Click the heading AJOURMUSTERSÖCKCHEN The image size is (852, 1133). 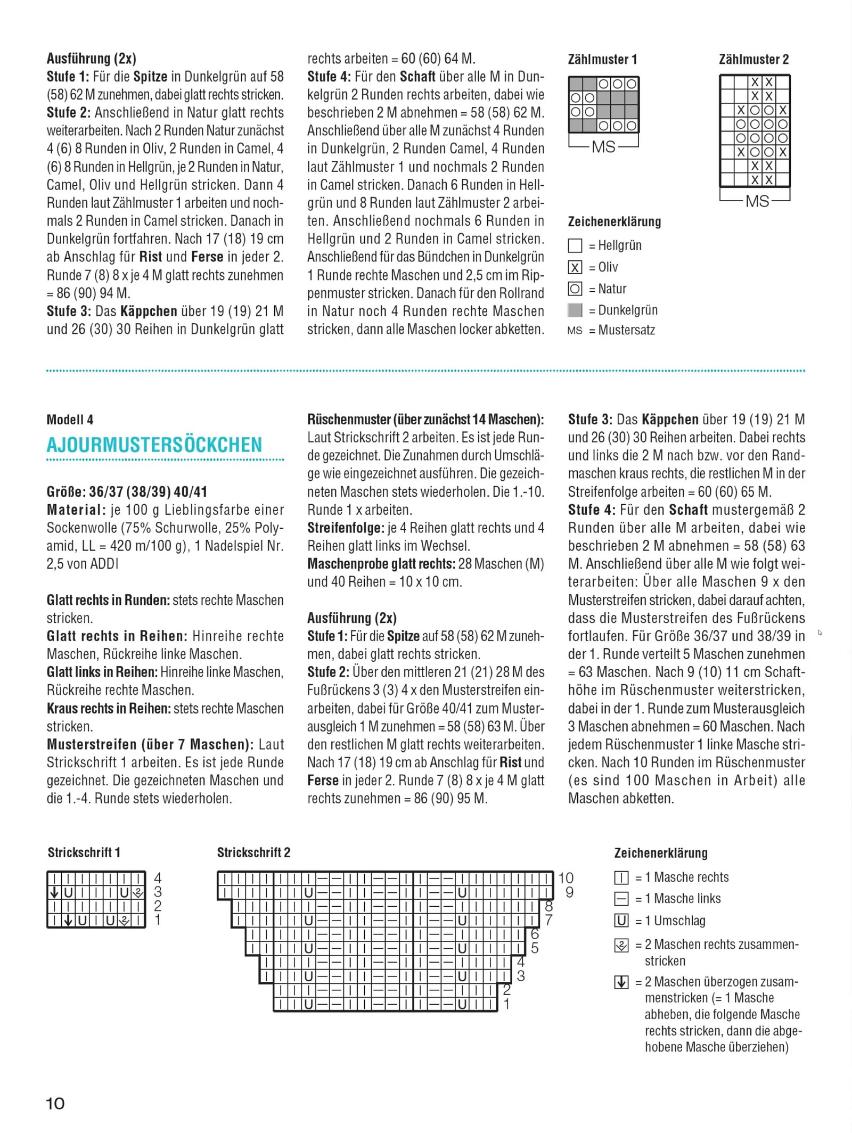point(154,445)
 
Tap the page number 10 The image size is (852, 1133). point(55,1103)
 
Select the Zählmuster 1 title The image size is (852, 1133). point(602,59)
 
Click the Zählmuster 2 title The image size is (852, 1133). point(753,59)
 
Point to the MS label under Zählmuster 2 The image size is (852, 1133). point(757,201)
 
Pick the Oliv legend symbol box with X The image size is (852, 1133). point(575,267)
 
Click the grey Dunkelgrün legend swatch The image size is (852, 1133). point(575,310)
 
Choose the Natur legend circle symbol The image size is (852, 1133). point(575,289)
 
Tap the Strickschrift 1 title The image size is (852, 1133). point(84,852)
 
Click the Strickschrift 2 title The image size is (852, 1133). point(253,852)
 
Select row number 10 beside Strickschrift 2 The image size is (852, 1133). point(566,878)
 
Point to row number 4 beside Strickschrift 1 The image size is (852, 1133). point(158,878)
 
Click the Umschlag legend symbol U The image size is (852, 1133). point(621,921)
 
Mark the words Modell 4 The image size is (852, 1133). point(70,420)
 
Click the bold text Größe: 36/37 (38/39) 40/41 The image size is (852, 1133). point(127,491)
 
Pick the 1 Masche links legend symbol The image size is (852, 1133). point(621,899)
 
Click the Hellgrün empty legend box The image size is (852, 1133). point(575,245)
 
